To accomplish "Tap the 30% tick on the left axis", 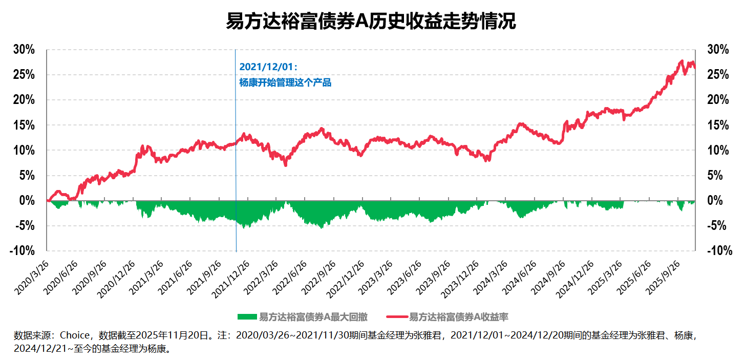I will (x=24, y=50).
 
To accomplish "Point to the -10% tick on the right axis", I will (x=719, y=251).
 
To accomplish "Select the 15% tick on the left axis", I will (x=24, y=125).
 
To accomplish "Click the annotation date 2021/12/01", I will (x=268, y=67).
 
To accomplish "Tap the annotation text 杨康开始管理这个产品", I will (x=285, y=82).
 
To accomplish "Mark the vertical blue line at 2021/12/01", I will (x=236, y=154).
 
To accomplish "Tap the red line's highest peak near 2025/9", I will (x=681, y=61).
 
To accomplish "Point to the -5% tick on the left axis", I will (x=24, y=226).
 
